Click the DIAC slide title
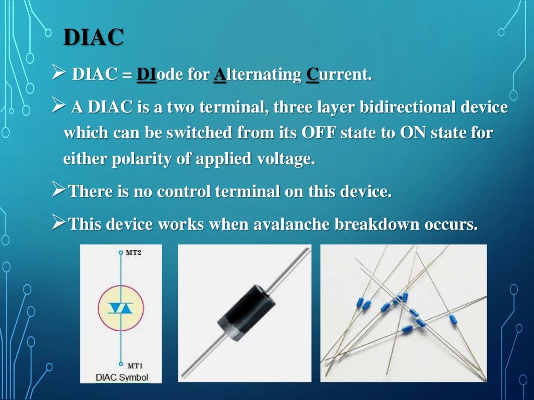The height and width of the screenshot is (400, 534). click(x=93, y=37)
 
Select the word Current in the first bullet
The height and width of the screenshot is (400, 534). click(x=338, y=75)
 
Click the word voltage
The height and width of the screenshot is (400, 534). click(x=284, y=158)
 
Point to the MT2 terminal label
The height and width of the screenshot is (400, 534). click(x=133, y=253)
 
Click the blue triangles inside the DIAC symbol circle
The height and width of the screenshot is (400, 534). click(x=120, y=308)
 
